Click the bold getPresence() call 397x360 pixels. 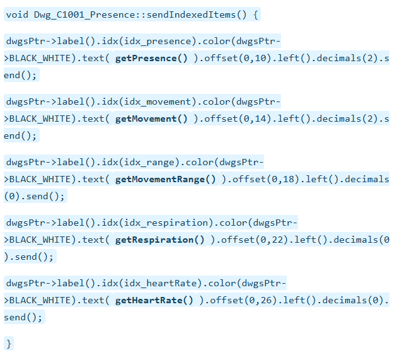pyautogui.click(x=151, y=58)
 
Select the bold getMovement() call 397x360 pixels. pyautogui.click(x=151, y=119)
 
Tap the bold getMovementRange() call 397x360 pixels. pyautogui.click(x=165, y=179)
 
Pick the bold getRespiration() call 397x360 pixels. pyautogui.click(x=160, y=240)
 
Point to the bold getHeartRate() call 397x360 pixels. pyautogui.click(x=154, y=300)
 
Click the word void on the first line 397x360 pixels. pyautogui.click(x=17, y=15)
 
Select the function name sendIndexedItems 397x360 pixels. pyautogui.click(x=191, y=15)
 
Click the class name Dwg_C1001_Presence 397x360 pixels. pyautogui.click(x=84, y=15)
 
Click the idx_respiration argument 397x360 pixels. pyautogui.click(x=166, y=223)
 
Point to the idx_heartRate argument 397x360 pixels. pyautogui.click(x=160, y=283)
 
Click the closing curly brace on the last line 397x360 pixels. pyautogui.click(x=9, y=344)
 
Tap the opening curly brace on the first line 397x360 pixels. pyautogui.click(x=255, y=15)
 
